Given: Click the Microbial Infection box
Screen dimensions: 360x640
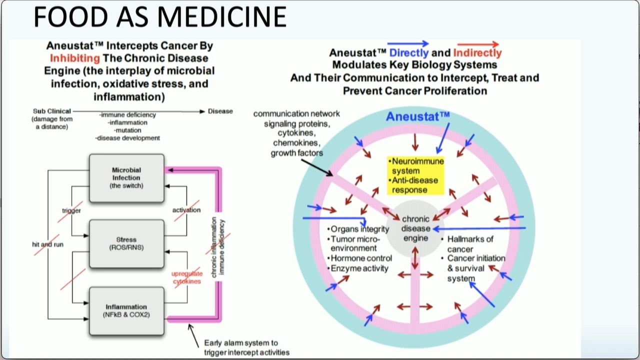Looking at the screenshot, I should click(x=126, y=178).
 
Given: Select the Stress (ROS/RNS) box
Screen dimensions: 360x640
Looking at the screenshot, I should click(x=126, y=243).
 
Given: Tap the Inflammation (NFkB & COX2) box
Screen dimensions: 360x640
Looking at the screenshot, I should click(x=126, y=310).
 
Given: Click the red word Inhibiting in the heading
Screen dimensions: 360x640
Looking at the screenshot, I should click(x=75, y=58).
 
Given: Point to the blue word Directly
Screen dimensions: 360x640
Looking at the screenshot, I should click(x=409, y=53).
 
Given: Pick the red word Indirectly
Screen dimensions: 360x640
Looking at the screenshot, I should click(x=477, y=53).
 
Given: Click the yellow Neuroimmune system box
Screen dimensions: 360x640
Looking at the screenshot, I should click(x=415, y=175).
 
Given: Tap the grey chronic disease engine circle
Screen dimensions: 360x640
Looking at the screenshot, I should click(x=415, y=228).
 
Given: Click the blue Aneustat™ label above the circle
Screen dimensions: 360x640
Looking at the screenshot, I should click(x=417, y=116).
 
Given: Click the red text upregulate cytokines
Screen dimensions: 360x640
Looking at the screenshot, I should click(x=187, y=277).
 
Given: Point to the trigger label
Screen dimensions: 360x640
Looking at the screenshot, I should click(x=71, y=210).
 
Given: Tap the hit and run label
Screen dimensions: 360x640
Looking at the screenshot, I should click(x=47, y=244).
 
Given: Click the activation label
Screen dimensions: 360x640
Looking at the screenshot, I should click(x=186, y=210).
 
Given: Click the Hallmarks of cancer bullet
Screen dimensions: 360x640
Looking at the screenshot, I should click(x=469, y=244).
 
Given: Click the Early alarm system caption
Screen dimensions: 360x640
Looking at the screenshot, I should click(x=246, y=347).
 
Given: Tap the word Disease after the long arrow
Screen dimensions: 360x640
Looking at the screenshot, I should click(x=220, y=111).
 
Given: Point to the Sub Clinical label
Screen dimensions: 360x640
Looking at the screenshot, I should click(x=52, y=111).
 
